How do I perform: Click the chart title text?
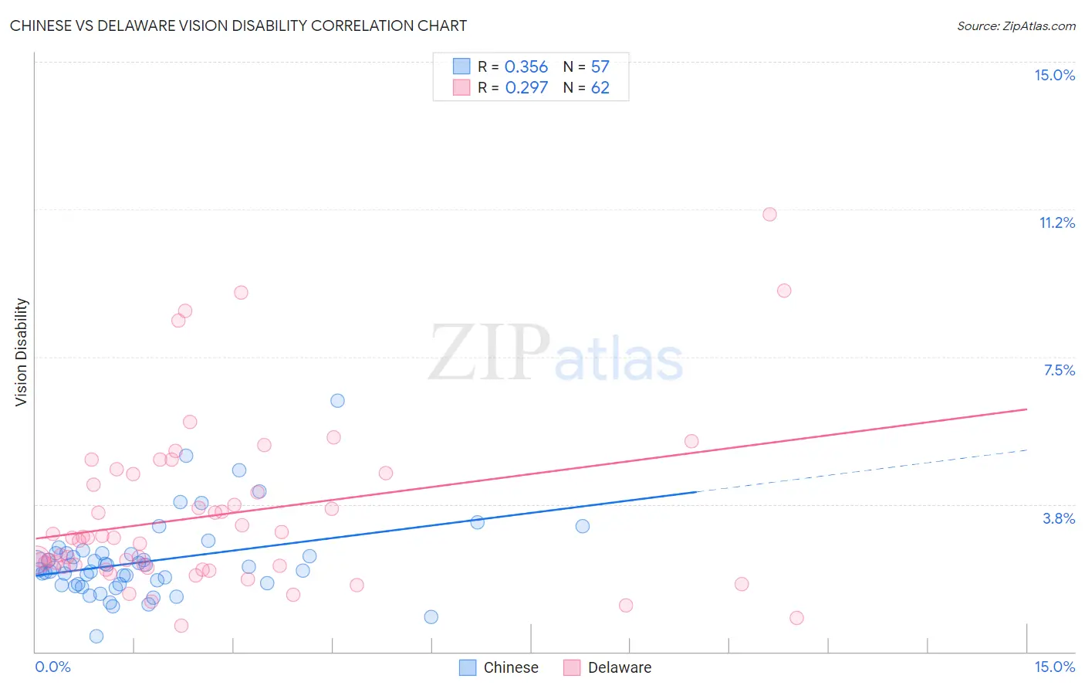pos(238,25)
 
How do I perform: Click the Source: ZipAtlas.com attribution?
pos(1016,26)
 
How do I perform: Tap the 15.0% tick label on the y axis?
pos(1054,75)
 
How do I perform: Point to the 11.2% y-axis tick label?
pos(1056,222)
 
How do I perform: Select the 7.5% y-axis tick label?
pos(1059,370)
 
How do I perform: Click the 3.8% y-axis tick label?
pos(1059,518)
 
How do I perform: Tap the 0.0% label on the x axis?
pos(52,667)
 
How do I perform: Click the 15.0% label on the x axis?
pos(1054,667)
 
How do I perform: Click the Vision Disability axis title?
pos(22,352)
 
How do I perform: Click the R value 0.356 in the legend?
pos(526,67)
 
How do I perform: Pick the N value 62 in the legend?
pos(600,87)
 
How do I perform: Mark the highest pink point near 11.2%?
pos(769,214)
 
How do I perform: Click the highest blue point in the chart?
pos(337,400)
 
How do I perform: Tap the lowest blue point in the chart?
pos(96,636)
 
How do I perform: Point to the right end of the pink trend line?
pos(1026,409)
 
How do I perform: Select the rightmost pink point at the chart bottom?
pos(796,617)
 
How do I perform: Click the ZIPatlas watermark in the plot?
pos(556,354)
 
